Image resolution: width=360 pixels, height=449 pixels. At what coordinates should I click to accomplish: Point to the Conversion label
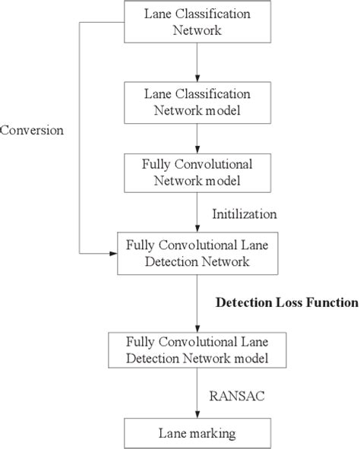pos(32,130)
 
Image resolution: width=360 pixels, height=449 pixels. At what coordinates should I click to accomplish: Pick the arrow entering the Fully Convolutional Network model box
pos(197,138)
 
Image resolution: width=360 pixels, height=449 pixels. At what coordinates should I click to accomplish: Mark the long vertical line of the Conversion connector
pos(80,137)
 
